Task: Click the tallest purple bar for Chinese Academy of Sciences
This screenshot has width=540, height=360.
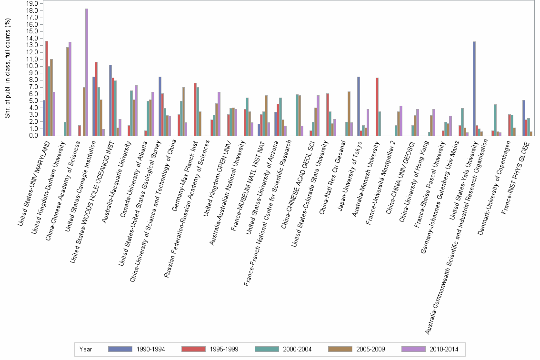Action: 87,72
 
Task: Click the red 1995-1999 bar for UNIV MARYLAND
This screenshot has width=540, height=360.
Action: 47,88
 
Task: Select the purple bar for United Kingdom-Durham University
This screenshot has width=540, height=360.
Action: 70,89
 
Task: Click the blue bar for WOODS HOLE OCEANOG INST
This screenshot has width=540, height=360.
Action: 110,100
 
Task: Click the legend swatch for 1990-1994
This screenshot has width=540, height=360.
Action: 120,349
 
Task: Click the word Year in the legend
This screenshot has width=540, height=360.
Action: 86,349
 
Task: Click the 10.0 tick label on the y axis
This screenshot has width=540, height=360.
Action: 32,66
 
